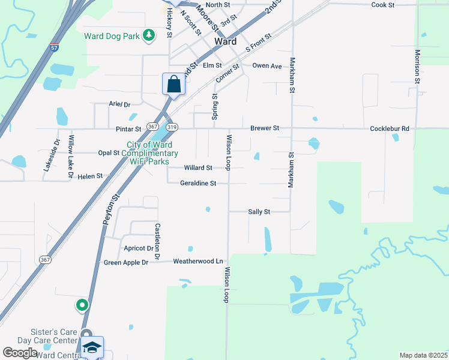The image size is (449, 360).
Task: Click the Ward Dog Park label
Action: [x=112, y=36]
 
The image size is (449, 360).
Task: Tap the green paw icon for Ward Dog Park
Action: [x=149, y=36]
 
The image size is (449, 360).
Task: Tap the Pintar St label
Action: [x=128, y=128]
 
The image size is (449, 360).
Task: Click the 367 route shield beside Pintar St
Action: [x=153, y=127]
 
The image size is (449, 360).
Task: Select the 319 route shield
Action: [x=172, y=127]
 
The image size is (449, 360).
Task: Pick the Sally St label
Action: [x=259, y=212]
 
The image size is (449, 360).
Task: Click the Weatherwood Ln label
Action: [x=197, y=262]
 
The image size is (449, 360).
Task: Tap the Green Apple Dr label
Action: [x=125, y=263]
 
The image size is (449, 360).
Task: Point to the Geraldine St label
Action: [x=197, y=184]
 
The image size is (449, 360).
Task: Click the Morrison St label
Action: [x=417, y=64]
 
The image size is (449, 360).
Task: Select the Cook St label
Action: [x=382, y=5]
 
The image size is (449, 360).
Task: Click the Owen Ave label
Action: [x=267, y=65]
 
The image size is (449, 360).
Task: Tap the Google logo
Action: [x=20, y=353]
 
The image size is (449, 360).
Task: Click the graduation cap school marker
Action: [x=92, y=347]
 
